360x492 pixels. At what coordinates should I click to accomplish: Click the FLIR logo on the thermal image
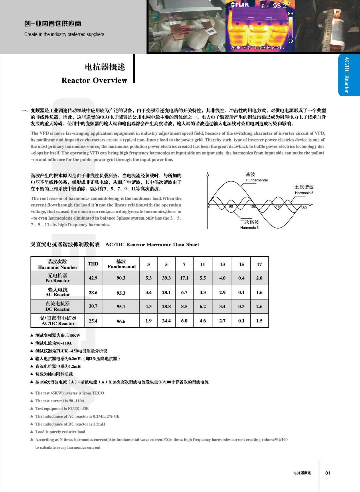240,5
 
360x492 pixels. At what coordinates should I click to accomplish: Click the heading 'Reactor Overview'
94,80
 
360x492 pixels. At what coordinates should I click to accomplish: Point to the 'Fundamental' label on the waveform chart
257,180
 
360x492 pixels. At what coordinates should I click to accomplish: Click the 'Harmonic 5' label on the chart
304,193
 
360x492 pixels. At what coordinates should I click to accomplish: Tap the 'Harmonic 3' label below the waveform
249,228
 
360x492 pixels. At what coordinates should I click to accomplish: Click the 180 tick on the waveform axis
253,207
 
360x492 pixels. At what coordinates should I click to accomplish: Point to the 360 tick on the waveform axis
304,208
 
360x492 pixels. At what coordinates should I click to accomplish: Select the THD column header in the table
93,264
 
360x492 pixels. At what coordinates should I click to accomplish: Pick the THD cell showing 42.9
93,278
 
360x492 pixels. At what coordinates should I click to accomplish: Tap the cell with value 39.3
166,278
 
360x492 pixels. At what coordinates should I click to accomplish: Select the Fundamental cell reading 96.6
121,321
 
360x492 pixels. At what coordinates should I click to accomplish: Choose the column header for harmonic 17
259,264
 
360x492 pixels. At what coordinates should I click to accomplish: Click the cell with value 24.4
166,321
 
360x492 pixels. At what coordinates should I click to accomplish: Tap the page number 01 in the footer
328,473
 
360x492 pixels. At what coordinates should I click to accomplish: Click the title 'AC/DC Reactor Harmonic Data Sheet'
152,245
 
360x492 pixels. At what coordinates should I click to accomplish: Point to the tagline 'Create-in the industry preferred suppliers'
64,34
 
